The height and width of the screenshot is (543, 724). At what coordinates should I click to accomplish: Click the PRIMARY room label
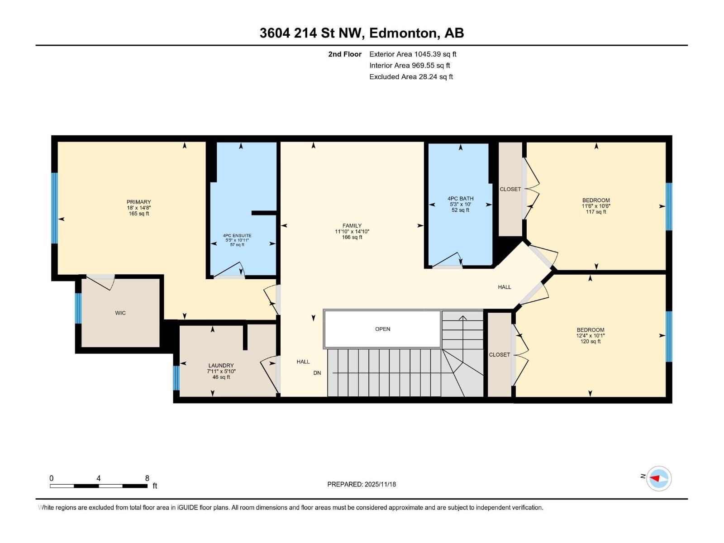(138, 202)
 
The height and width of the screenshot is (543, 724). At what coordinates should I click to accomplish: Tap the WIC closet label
(120, 313)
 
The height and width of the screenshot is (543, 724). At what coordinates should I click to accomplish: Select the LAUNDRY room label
(221, 366)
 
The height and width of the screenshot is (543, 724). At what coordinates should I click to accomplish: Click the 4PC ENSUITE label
(237, 236)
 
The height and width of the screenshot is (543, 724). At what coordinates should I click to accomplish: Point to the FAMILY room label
(352, 226)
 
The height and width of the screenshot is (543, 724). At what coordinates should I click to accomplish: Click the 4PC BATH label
(460, 199)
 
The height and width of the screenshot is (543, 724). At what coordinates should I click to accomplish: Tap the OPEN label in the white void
(382, 329)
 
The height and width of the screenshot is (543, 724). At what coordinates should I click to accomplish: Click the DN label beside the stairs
(317, 373)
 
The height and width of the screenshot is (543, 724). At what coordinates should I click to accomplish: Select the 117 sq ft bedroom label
(595, 206)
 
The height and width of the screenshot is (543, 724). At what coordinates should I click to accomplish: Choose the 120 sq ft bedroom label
(590, 335)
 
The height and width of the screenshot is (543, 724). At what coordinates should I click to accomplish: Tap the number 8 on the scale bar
(147, 478)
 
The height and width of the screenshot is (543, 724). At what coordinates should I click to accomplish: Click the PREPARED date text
(362, 484)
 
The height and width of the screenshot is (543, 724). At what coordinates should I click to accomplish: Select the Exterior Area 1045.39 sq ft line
(413, 54)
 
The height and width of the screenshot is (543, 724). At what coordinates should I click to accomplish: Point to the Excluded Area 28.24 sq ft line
(411, 77)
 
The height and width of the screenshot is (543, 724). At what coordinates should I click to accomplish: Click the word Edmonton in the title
(404, 33)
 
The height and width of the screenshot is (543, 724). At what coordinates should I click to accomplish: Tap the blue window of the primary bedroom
(54, 208)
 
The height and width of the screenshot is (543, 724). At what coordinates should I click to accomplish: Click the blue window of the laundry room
(176, 378)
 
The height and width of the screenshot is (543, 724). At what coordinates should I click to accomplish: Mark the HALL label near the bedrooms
(504, 287)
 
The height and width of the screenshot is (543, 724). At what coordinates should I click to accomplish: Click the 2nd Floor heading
(345, 54)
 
